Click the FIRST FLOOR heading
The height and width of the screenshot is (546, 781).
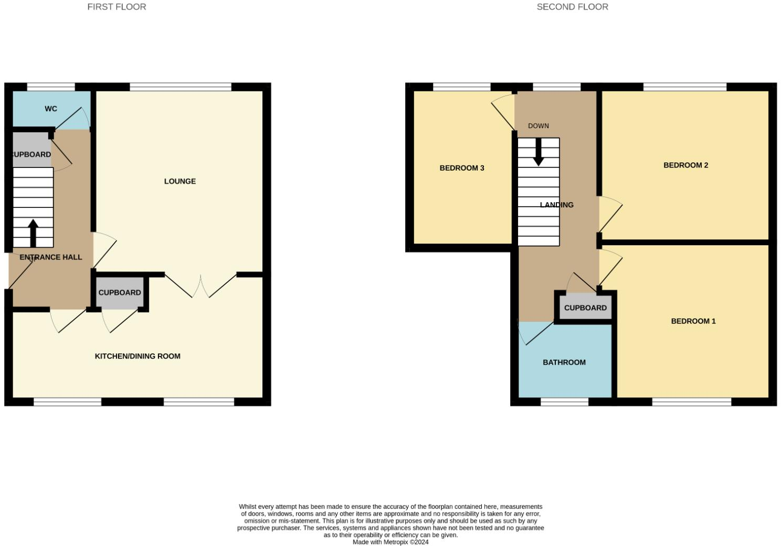[x=117, y=7]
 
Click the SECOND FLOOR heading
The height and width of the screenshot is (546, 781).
[x=572, y=7]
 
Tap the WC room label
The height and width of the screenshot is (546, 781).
[x=51, y=109]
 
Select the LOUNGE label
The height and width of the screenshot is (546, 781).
[x=180, y=181]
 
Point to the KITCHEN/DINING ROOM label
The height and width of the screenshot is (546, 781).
[x=138, y=356]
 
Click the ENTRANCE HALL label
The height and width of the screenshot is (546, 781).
[x=51, y=257]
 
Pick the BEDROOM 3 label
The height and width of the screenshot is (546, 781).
[x=462, y=168]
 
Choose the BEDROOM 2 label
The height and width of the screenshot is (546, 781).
[x=685, y=165]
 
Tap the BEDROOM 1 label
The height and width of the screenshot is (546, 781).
[x=693, y=321]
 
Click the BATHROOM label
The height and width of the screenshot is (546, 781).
[x=564, y=362]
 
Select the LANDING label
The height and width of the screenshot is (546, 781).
[x=557, y=205]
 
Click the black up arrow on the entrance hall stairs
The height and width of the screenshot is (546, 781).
[x=33, y=233]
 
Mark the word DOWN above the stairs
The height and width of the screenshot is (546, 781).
[x=539, y=126]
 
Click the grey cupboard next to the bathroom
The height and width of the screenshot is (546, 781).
[x=585, y=308]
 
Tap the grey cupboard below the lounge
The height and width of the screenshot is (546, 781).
[x=120, y=292]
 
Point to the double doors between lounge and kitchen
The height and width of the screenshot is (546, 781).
[x=201, y=286]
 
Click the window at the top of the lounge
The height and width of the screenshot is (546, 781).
[x=180, y=87]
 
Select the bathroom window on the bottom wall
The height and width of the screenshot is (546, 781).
[x=564, y=402]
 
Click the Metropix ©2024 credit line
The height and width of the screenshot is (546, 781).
[x=390, y=542]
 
